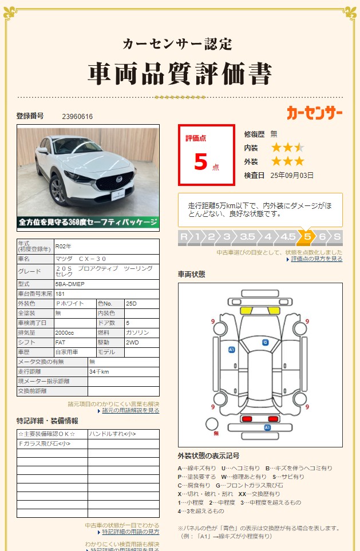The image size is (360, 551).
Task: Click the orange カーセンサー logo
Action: (x=314, y=113)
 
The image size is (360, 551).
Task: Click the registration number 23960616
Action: (x=77, y=117)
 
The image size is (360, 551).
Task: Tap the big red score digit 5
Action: (x=200, y=162)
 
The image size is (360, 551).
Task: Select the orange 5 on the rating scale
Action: (x=307, y=237)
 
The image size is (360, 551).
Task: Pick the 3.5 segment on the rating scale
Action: (x=247, y=237)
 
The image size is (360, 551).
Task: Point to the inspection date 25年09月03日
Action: (x=292, y=175)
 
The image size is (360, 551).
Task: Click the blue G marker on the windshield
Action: (x=265, y=342)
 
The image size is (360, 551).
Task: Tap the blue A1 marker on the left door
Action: (x=231, y=349)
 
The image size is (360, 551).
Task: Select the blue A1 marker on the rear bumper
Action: (x=267, y=427)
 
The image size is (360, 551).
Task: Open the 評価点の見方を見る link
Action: (x=317, y=259)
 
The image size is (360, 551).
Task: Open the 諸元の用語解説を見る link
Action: (x=131, y=411)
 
